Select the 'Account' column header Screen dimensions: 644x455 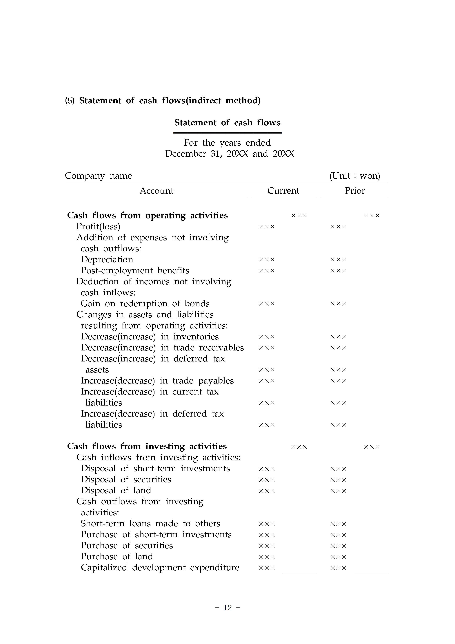tap(156, 191)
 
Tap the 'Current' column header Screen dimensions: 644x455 tap(283, 191)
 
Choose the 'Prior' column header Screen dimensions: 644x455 tap(355, 191)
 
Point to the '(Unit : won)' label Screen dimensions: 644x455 tap(355, 176)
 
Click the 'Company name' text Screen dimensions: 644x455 tap(98, 176)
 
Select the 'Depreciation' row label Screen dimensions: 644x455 tap(107, 259)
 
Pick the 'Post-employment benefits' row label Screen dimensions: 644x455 tap(135, 270)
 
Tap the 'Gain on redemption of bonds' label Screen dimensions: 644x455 tap(145, 303)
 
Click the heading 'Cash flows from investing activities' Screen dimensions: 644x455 tap(147, 446)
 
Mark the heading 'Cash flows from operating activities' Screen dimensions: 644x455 tap(148, 215)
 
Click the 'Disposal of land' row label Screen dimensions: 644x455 tap(116, 490)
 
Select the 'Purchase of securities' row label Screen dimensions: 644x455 tap(127, 545)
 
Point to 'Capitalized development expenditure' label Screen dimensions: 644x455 tap(160, 567)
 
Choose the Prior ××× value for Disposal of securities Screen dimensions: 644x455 tap(338, 480)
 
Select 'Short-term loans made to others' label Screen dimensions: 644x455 tap(150, 523)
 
